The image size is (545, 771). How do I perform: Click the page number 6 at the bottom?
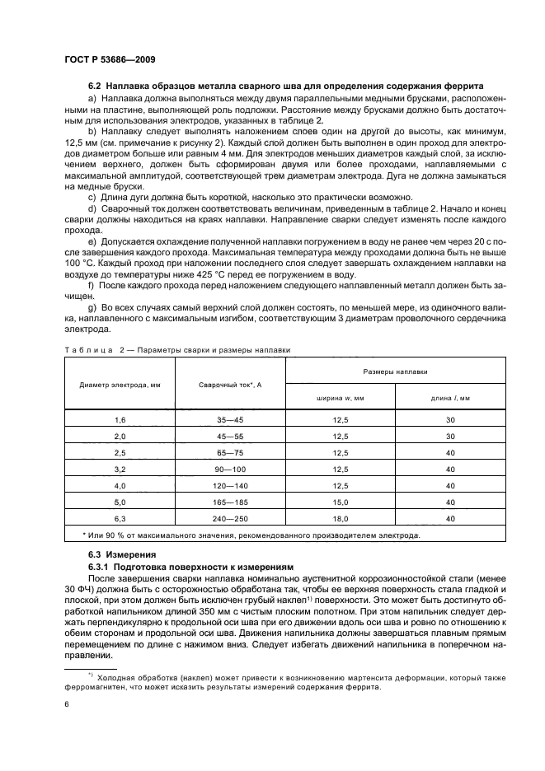pyautogui.click(x=66, y=705)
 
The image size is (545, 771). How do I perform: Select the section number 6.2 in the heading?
pyautogui.click(x=97, y=87)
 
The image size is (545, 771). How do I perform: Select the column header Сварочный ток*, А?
pyautogui.click(x=230, y=385)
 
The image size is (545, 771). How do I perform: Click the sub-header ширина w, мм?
pyautogui.click(x=340, y=397)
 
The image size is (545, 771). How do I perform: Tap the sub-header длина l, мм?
pyautogui.click(x=449, y=397)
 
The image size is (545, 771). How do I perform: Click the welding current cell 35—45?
pyautogui.click(x=230, y=419)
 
